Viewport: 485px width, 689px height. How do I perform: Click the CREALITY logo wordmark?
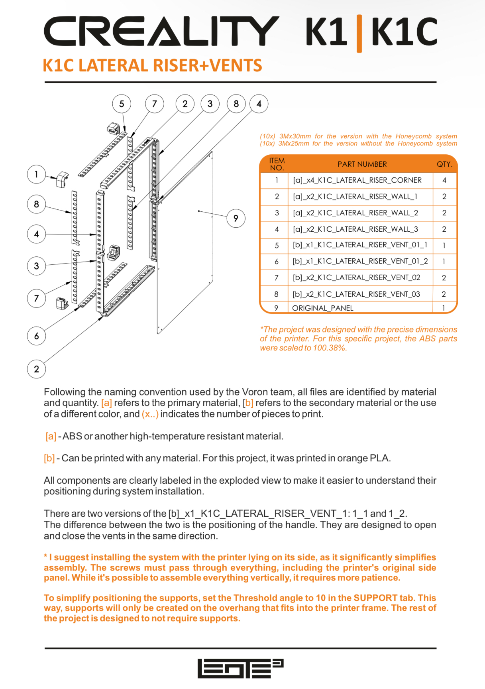pyautogui.click(x=161, y=31)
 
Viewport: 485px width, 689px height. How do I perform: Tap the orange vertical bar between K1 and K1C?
pyautogui.click(x=359, y=33)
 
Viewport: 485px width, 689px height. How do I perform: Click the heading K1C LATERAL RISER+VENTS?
pyautogui.click(x=152, y=66)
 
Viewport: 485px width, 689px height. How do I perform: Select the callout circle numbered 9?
pyautogui.click(x=236, y=218)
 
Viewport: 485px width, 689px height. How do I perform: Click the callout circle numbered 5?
pyautogui.click(x=122, y=104)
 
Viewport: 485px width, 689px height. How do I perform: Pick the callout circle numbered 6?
pyautogui.click(x=36, y=336)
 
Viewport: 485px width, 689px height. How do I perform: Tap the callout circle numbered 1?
pyautogui.click(x=36, y=174)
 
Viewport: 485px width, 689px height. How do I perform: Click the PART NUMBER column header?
pyautogui.click(x=362, y=164)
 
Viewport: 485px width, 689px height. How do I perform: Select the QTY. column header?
pyautogui.click(x=444, y=164)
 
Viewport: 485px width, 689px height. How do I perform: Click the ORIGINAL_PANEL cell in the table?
pyautogui.click(x=322, y=308)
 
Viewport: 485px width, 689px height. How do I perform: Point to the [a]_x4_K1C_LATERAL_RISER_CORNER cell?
pyautogui.click(x=357, y=180)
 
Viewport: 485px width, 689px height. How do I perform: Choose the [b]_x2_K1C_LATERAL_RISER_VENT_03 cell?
pyautogui.click(x=356, y=294)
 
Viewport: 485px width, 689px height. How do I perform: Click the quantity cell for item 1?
pyautogui.click(x=444, y=180)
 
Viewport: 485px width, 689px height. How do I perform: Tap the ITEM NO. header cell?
pyautogui.click(x=277, y=164)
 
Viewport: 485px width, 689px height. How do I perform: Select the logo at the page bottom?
pyautogui.click(x=240, y=668)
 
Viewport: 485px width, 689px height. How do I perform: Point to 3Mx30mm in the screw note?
pyautogui.click(x=295, y=136)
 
